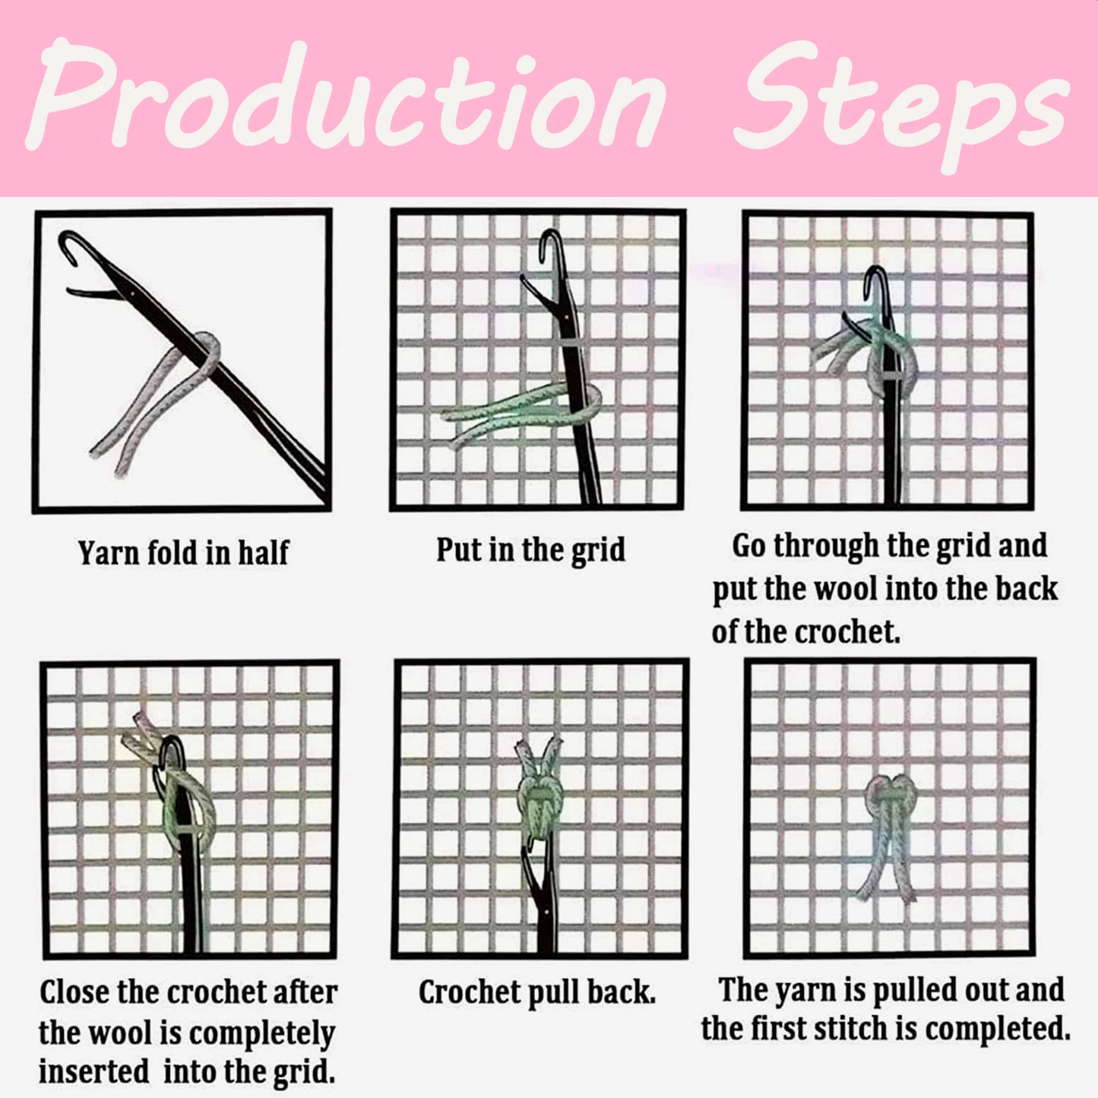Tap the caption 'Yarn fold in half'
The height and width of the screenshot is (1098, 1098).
(x=183, y=552)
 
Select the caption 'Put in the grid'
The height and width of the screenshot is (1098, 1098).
(x=530, y=549)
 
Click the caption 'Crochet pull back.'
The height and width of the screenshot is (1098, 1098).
(x=536, y=992)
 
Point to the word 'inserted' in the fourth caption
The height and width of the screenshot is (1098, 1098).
(x=93, y=1071)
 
